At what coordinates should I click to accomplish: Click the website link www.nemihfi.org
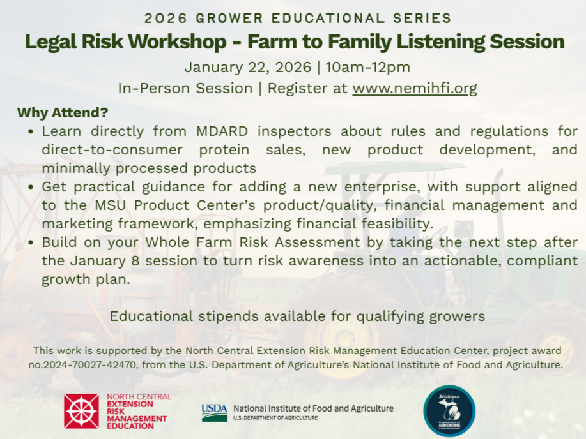[414, 88]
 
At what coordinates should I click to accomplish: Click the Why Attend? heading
[62, 113]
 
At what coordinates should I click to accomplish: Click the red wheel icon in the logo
[81, 411]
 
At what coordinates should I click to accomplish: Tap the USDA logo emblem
[214, 412]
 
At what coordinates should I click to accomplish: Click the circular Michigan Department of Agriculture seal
[449, 411]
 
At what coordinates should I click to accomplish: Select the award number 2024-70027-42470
[86, 366]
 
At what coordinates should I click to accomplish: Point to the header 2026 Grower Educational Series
[298, 18]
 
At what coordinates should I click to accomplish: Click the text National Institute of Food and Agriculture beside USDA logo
[313, 408]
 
